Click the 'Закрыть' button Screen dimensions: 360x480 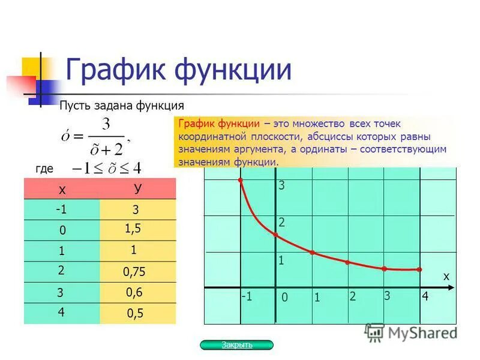[x=236, y=345]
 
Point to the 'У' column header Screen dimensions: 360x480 [x=137, y=188]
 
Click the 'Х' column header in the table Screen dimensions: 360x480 [x=62, y=190]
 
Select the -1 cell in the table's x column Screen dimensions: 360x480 [x=61, y=210]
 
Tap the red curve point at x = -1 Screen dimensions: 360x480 [x=240, y=180]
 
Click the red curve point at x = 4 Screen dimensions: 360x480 [x=419, y=269]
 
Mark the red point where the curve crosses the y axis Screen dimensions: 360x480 [x=275, y=234]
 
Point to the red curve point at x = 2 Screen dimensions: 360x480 [x=347, y=262]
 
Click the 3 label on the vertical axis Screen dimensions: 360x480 [x=281, y=187]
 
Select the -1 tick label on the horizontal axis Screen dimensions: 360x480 [x=246, y=296]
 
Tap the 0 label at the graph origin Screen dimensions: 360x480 [x=284, y=298]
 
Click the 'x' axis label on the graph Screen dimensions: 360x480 [x=446, y=276]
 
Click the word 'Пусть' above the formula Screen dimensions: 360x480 [x=74, y=106]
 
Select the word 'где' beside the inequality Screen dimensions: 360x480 [x=45, y=169]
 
